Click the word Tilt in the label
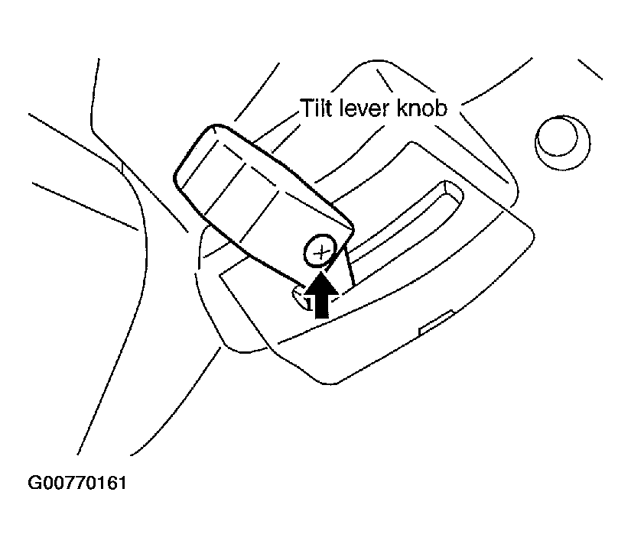[x=315, y=108]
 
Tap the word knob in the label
[x=421, y=108]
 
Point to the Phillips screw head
[x=320, y=251]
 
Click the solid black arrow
[x=320, y=296]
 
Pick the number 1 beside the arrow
[x=309, y=303]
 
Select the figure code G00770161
[x=77, y=483]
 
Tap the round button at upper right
[x=562, y=142]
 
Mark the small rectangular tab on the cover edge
[x=436, y=322]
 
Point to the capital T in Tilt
[x=307, y=108]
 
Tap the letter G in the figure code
[x=34, y=483]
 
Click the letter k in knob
[x=402, y=108]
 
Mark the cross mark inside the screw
[x=320, y=252]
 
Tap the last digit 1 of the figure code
[x=122, y=483]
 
